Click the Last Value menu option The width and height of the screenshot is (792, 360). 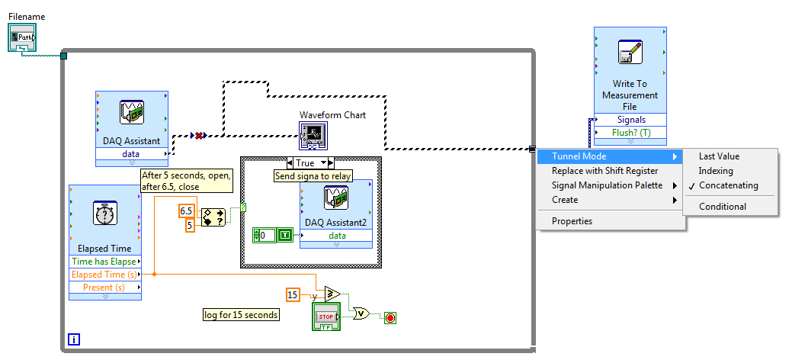719,156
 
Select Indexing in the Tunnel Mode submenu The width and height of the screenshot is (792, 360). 716,171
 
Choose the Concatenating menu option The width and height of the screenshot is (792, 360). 728,185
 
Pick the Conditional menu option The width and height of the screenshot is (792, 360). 723,207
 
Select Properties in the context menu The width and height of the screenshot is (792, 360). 572,221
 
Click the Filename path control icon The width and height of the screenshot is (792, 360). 22,37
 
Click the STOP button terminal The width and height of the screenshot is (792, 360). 325,317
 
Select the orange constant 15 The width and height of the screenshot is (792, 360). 293,294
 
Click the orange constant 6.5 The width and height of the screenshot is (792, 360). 186,211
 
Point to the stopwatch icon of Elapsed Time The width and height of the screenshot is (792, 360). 104,214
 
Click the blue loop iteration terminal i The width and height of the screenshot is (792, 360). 73,339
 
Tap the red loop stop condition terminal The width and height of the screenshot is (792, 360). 391,317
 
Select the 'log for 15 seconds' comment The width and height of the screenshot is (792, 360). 241,314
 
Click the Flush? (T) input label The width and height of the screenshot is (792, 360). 630,133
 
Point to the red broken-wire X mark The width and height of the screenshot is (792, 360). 199,136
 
